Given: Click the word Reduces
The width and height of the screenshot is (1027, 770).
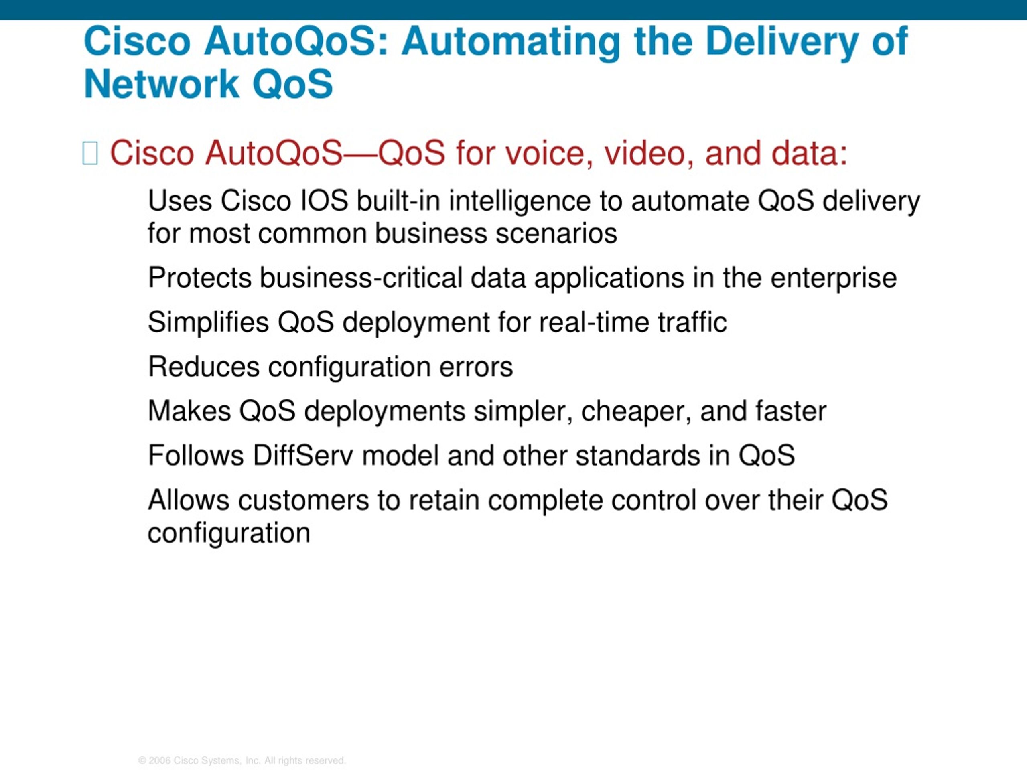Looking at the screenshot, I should click(203, 367).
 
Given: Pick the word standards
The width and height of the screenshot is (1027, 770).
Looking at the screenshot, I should click(638, 455).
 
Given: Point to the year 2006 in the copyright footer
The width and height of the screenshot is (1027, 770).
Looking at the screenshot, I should click(160, 761).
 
